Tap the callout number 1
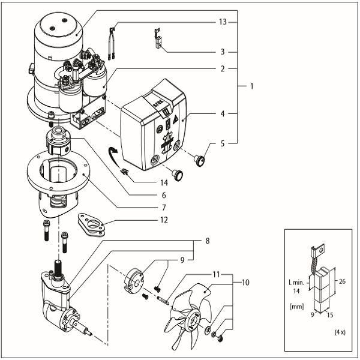click(252, 86)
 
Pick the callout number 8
click(206, 241)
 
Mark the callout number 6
click(163, 196)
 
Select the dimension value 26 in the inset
click(340, 280)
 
